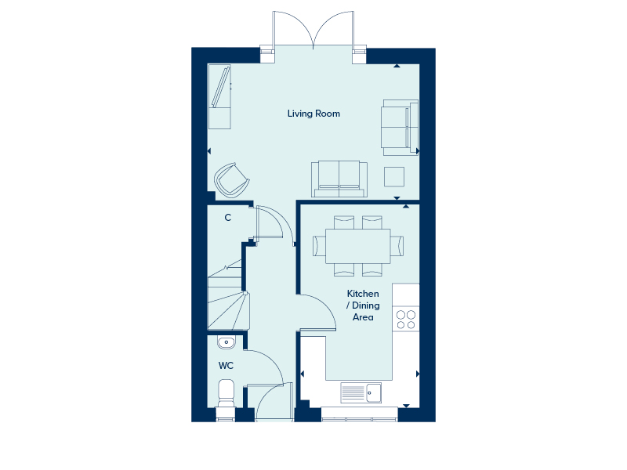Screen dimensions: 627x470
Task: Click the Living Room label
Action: (x=313, y=114)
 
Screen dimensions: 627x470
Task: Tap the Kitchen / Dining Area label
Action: (x=363, y=305)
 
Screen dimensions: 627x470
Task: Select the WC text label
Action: (x=226, y=365)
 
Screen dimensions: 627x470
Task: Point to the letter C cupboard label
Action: (x=227, y=218)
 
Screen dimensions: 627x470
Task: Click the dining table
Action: (x=358, y=246)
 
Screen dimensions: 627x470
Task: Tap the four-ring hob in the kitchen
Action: (x=406, y=320)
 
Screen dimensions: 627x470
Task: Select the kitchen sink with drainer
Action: (x=361, y=392)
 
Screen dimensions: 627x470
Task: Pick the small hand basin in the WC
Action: (x=227, y=342)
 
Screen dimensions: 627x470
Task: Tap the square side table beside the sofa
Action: (x=394, y=177)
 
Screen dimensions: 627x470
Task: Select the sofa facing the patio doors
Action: (x=339, y=179)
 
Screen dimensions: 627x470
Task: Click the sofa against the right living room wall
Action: (x=400, y=128)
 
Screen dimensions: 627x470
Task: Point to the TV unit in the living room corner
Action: (x=219, y=96)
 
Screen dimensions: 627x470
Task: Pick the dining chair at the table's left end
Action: (x=319, y=246)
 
